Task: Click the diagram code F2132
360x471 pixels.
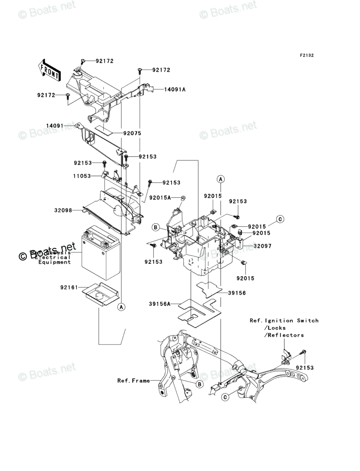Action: pos(306,56)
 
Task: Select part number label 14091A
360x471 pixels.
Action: pos(174,90)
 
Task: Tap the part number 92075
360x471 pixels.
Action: pos(132,133)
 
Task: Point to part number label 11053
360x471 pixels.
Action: pos(82,176)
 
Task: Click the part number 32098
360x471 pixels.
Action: pos(64,210)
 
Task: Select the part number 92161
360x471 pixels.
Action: pos(69,287)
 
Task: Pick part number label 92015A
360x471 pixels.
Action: pos(160,198)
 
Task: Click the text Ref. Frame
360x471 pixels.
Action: pos(133,380)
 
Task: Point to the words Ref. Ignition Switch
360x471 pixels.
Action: pos(284,320)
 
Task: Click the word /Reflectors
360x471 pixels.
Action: pos(284,335)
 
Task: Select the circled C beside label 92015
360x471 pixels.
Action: pos(280,219)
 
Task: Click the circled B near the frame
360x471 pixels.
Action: pos(199,385)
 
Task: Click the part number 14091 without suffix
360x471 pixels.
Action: pos(55,126)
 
